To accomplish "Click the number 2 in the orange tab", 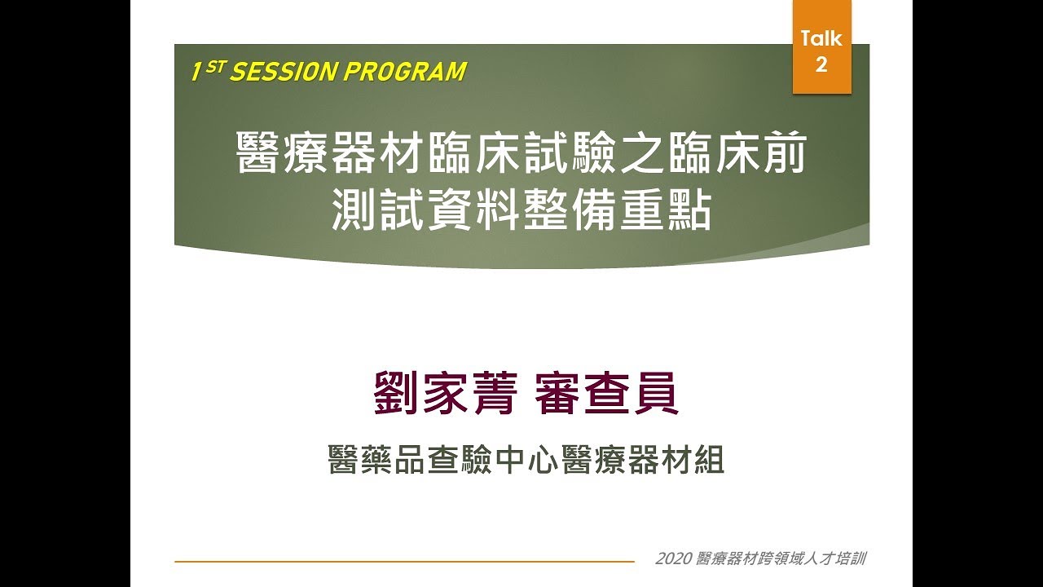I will click(821, 64).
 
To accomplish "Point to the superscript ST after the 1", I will click(214, 67).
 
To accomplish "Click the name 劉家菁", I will click(445, 394).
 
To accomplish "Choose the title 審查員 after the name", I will click(607, 394).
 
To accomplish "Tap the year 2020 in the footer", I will click(673, 559).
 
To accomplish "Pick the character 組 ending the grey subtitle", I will click(708, 461).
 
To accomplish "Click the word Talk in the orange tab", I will click(821, 38).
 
